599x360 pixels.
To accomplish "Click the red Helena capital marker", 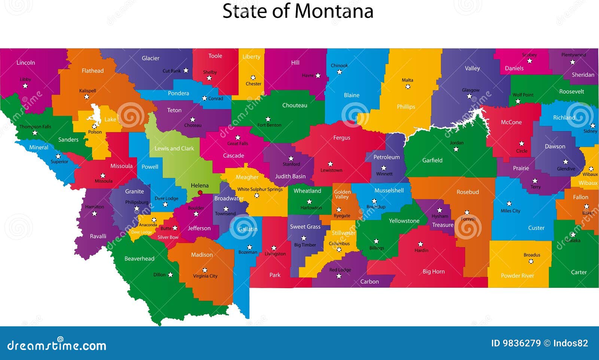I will point(200,193).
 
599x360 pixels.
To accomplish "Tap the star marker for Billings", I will point(376,241).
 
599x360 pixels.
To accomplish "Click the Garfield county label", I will point(432,160).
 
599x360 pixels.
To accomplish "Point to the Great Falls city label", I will point(237,143).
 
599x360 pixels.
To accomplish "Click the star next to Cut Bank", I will point(186,70).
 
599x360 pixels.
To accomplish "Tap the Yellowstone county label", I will point(404,221).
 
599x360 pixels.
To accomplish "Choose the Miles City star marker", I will point(509,204).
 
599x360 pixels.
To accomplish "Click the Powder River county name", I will point(517,276).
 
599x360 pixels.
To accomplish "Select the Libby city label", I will point(25,79).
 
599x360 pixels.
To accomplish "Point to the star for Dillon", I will point(170,275).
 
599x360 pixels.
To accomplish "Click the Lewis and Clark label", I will point(174,149).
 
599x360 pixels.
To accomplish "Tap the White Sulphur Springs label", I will point(260,189).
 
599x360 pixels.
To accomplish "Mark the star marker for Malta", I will point(408,86).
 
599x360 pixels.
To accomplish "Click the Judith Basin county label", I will point(290,176).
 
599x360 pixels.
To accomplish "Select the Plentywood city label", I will point(573,55).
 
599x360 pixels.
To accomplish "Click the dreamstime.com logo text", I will point(57,345).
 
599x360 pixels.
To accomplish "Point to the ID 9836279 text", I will point(516,343).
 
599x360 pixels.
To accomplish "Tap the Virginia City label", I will point(205,276).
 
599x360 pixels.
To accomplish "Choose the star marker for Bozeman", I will point(250,247).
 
